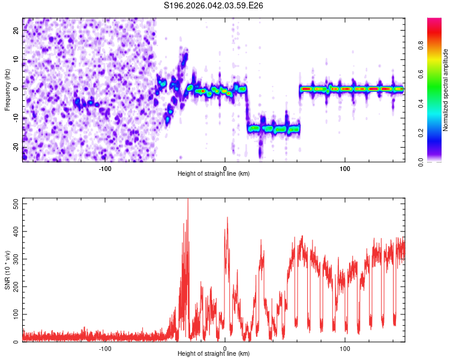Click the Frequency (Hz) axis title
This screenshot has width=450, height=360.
point(8,90)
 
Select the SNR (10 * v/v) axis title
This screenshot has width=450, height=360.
point(8,270)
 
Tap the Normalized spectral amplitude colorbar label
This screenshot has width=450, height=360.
point(446,90)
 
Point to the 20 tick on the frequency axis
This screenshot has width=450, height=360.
point(16,31)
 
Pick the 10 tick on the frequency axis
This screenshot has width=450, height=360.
point(16,61)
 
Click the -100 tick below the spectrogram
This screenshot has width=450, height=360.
point(105,168)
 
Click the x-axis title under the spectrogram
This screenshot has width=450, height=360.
point(214,174)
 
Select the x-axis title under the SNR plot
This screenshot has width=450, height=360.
point(214,355)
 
